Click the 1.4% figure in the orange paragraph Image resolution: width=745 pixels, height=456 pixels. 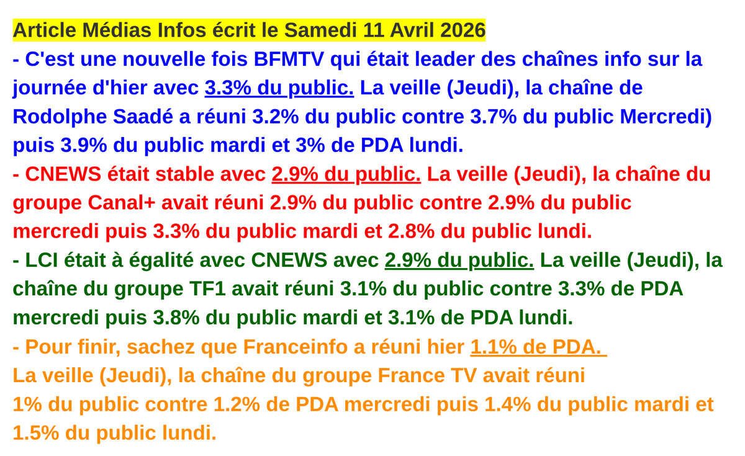[507, 405]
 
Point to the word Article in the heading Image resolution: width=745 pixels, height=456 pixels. [45, 30]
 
